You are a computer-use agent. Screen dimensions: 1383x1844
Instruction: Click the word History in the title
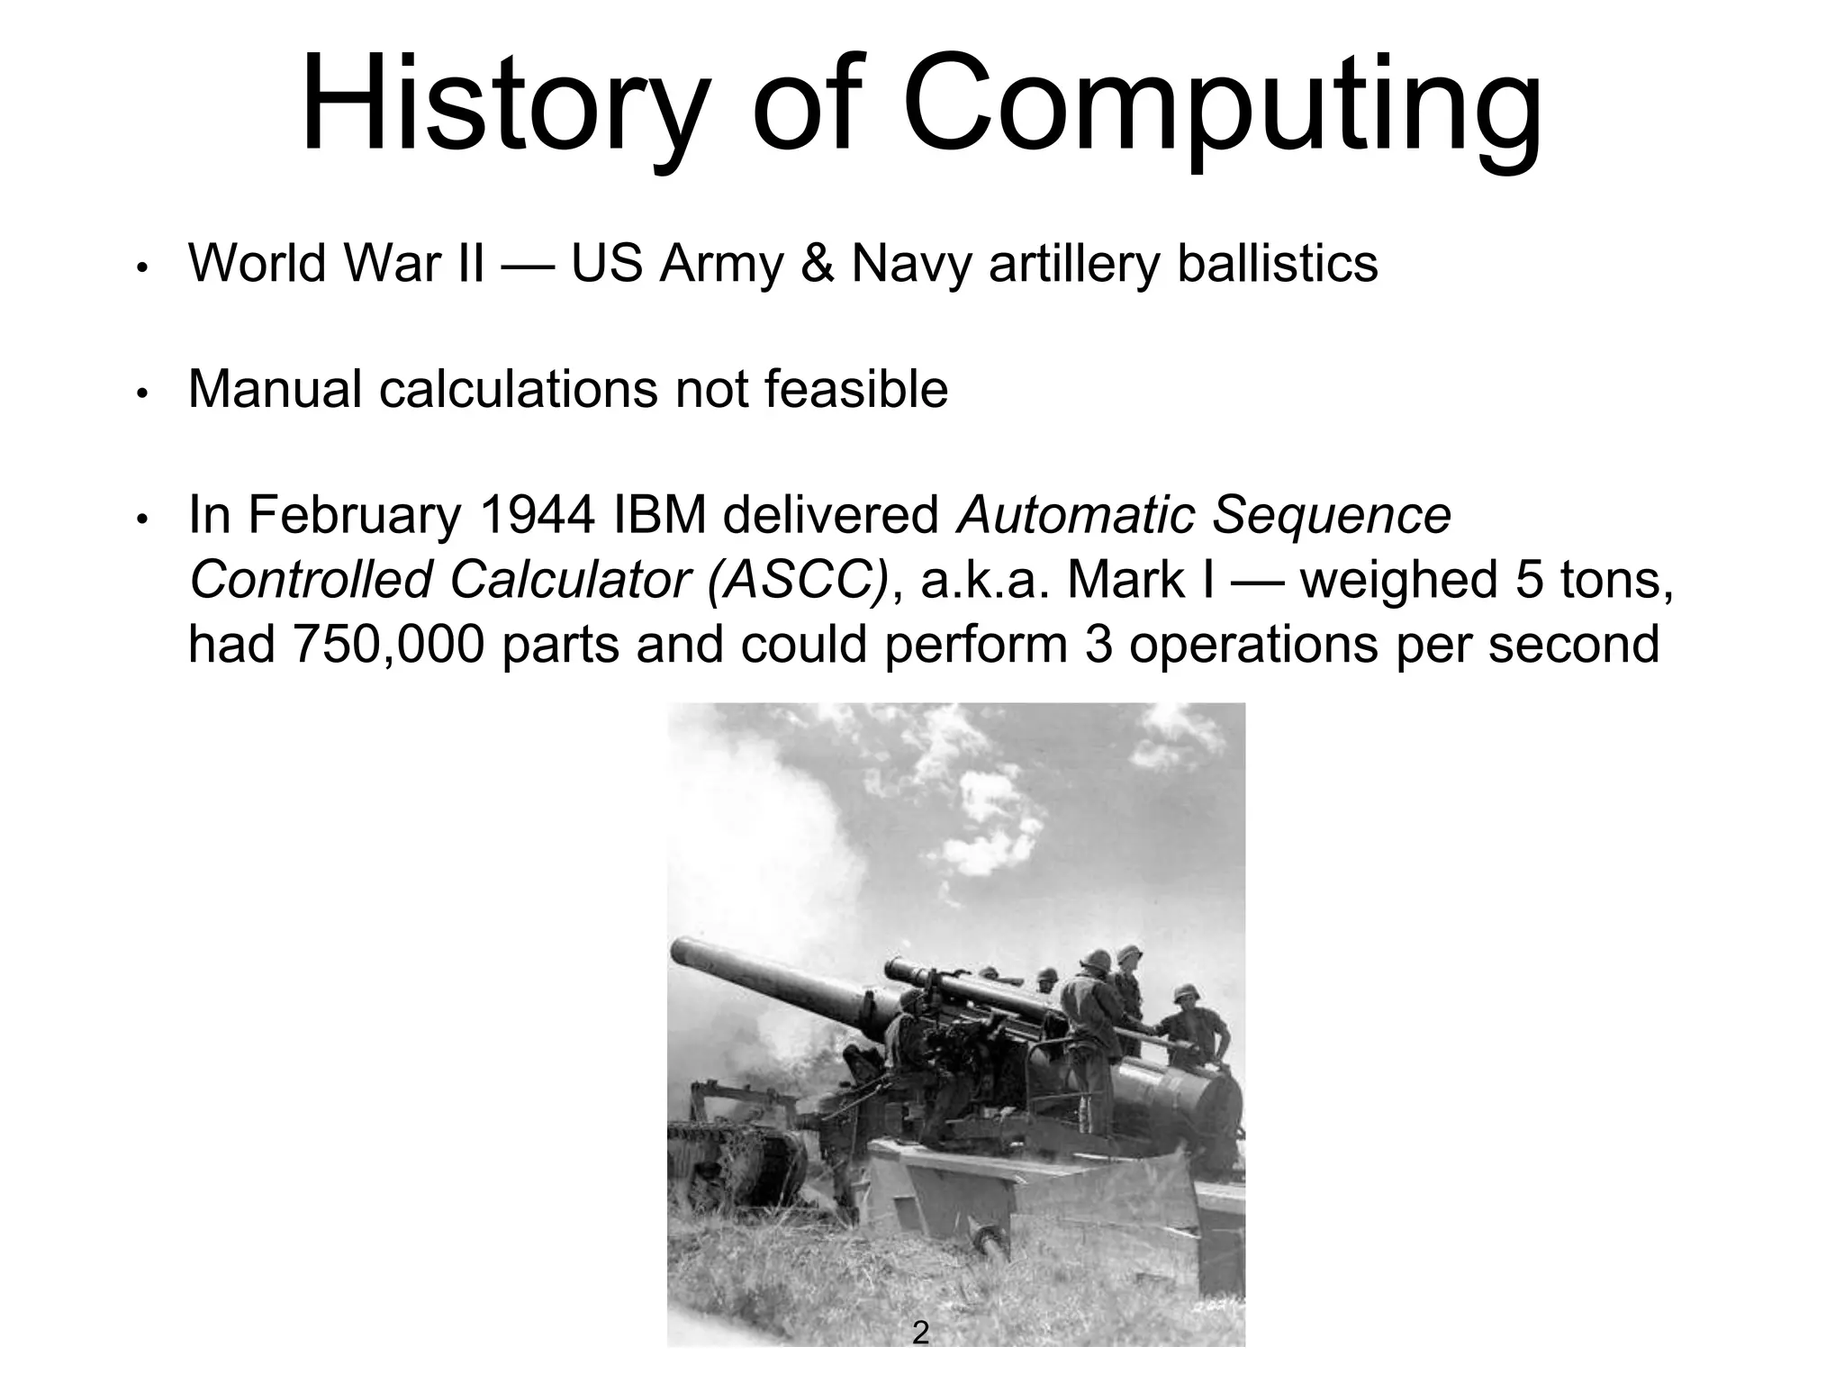pyautogui.click(x=501, y=106)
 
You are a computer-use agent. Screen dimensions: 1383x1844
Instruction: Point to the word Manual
pyautogui.click(x=274, y=390)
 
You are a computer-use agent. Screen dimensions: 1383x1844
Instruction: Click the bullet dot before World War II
pyautogui.click(x=141, y=268)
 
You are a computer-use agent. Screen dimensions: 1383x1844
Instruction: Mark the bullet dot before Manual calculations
pyautogui.click(x=141, y=393)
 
